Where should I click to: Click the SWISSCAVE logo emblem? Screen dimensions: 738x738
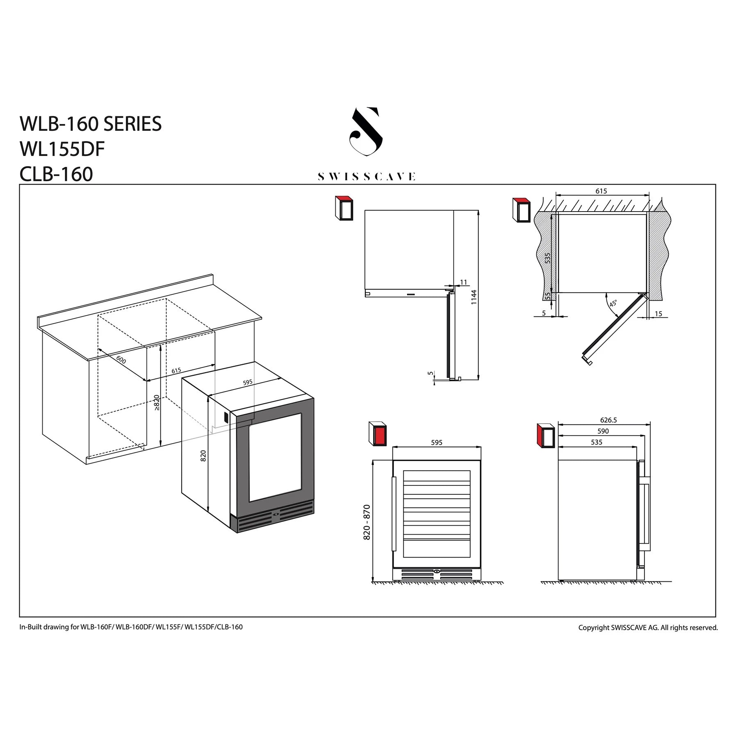[x=366, y=132]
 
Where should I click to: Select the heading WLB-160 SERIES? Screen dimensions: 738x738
[x=91, y=124]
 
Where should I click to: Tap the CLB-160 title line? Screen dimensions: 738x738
[x=56, y=174]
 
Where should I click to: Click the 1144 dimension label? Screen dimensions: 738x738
[x=474, y=297]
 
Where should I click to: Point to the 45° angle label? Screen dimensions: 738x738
[x=613, y=303]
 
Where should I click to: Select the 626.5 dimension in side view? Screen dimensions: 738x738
[x=608, y=420]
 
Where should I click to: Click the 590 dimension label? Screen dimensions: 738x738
[x=603, y=431]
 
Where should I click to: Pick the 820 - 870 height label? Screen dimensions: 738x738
[x=367, y=522]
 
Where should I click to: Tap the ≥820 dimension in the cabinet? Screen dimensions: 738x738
[x=156, y=403]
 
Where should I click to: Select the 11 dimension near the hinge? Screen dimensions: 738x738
[x=463, y=282]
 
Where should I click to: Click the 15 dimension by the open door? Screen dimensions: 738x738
[x=658, y=314]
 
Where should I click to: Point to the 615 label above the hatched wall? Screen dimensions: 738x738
[x=601, y=191]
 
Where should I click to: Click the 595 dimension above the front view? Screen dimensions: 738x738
[x=437, y=442]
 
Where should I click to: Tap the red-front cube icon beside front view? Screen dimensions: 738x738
[x=378, y=434]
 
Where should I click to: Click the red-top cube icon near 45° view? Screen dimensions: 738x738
[x=522, y=210]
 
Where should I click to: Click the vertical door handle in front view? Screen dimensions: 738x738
[x=394, y=514]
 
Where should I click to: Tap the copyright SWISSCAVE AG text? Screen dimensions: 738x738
[x=648, y=627]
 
